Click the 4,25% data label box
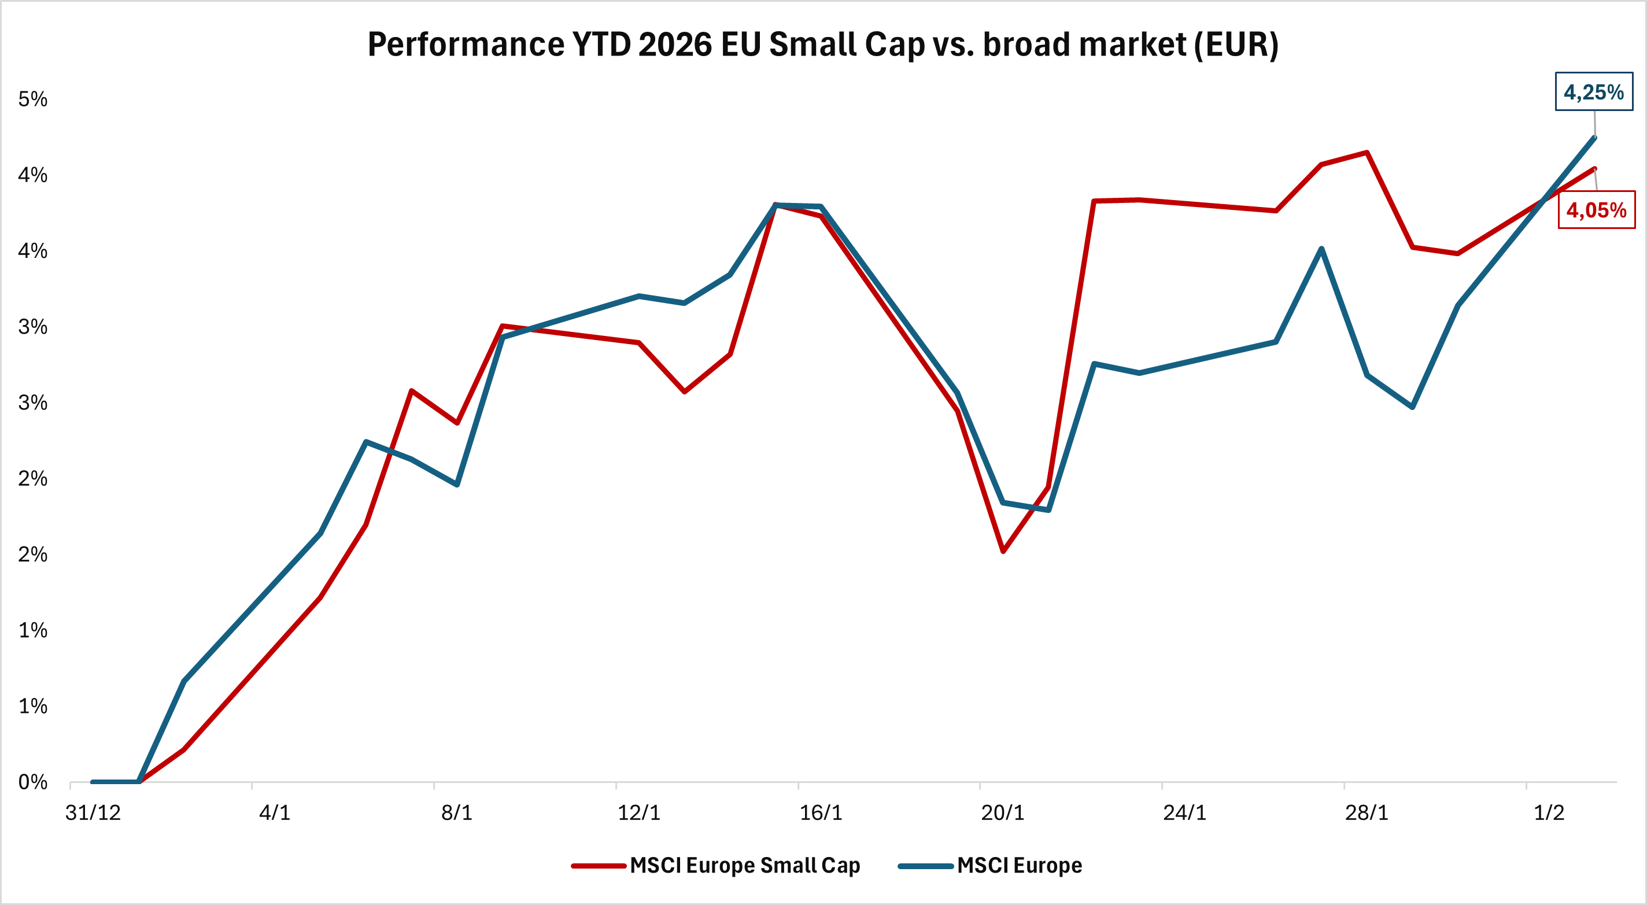coord(1593,92)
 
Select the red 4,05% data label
coord(1596,210)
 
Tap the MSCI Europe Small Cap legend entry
coord(744,865)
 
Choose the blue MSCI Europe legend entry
coord(1019,865)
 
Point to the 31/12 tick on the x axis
coord(93,812)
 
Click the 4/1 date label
coord(275,812)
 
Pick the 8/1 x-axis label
coord(457,812)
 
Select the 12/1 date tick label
coord(638,812)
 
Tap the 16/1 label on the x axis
coord(821,812)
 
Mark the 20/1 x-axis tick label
coord(1003,812)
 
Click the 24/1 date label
coord(1185,812)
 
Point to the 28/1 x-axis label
coord(1367,812)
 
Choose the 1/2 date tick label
coord(1549,812)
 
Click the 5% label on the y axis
coord(32,99)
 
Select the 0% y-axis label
coord(32,782)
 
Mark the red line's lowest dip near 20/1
coord(1003,551)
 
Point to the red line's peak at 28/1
coord(1367,152)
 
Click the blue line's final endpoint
coord(1595,138)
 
